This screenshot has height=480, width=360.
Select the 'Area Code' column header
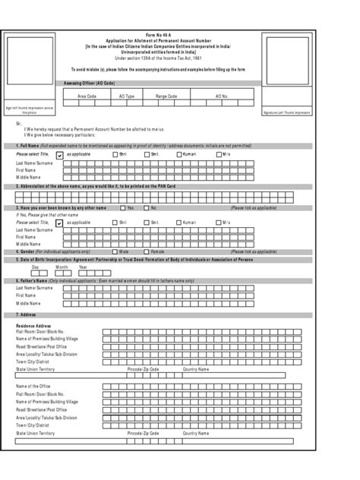[87, 96]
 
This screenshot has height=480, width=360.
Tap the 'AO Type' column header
[125, 96]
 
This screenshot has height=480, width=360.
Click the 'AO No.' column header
[220, 96]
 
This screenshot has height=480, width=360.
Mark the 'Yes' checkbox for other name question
[122, 207]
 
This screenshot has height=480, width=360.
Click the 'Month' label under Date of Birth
[62, 267]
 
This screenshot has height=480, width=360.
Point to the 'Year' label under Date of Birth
[83, 267]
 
